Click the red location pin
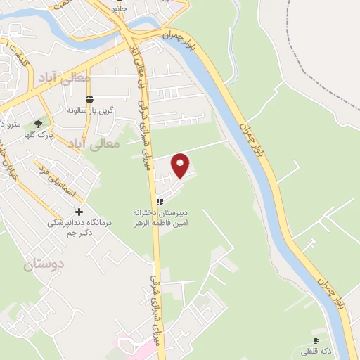[x=181, y=165]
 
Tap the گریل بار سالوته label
[x=85, y=111]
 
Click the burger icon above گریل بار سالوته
[x=89, y=99]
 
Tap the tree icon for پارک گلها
[x=38, y=123]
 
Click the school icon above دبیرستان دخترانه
[x=160, y=202]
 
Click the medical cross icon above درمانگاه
[x=79, y=212]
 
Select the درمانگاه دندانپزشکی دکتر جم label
[x=70, y=227]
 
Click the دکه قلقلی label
[x=315, y=350]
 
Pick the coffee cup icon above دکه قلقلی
[x=316, y=340]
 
